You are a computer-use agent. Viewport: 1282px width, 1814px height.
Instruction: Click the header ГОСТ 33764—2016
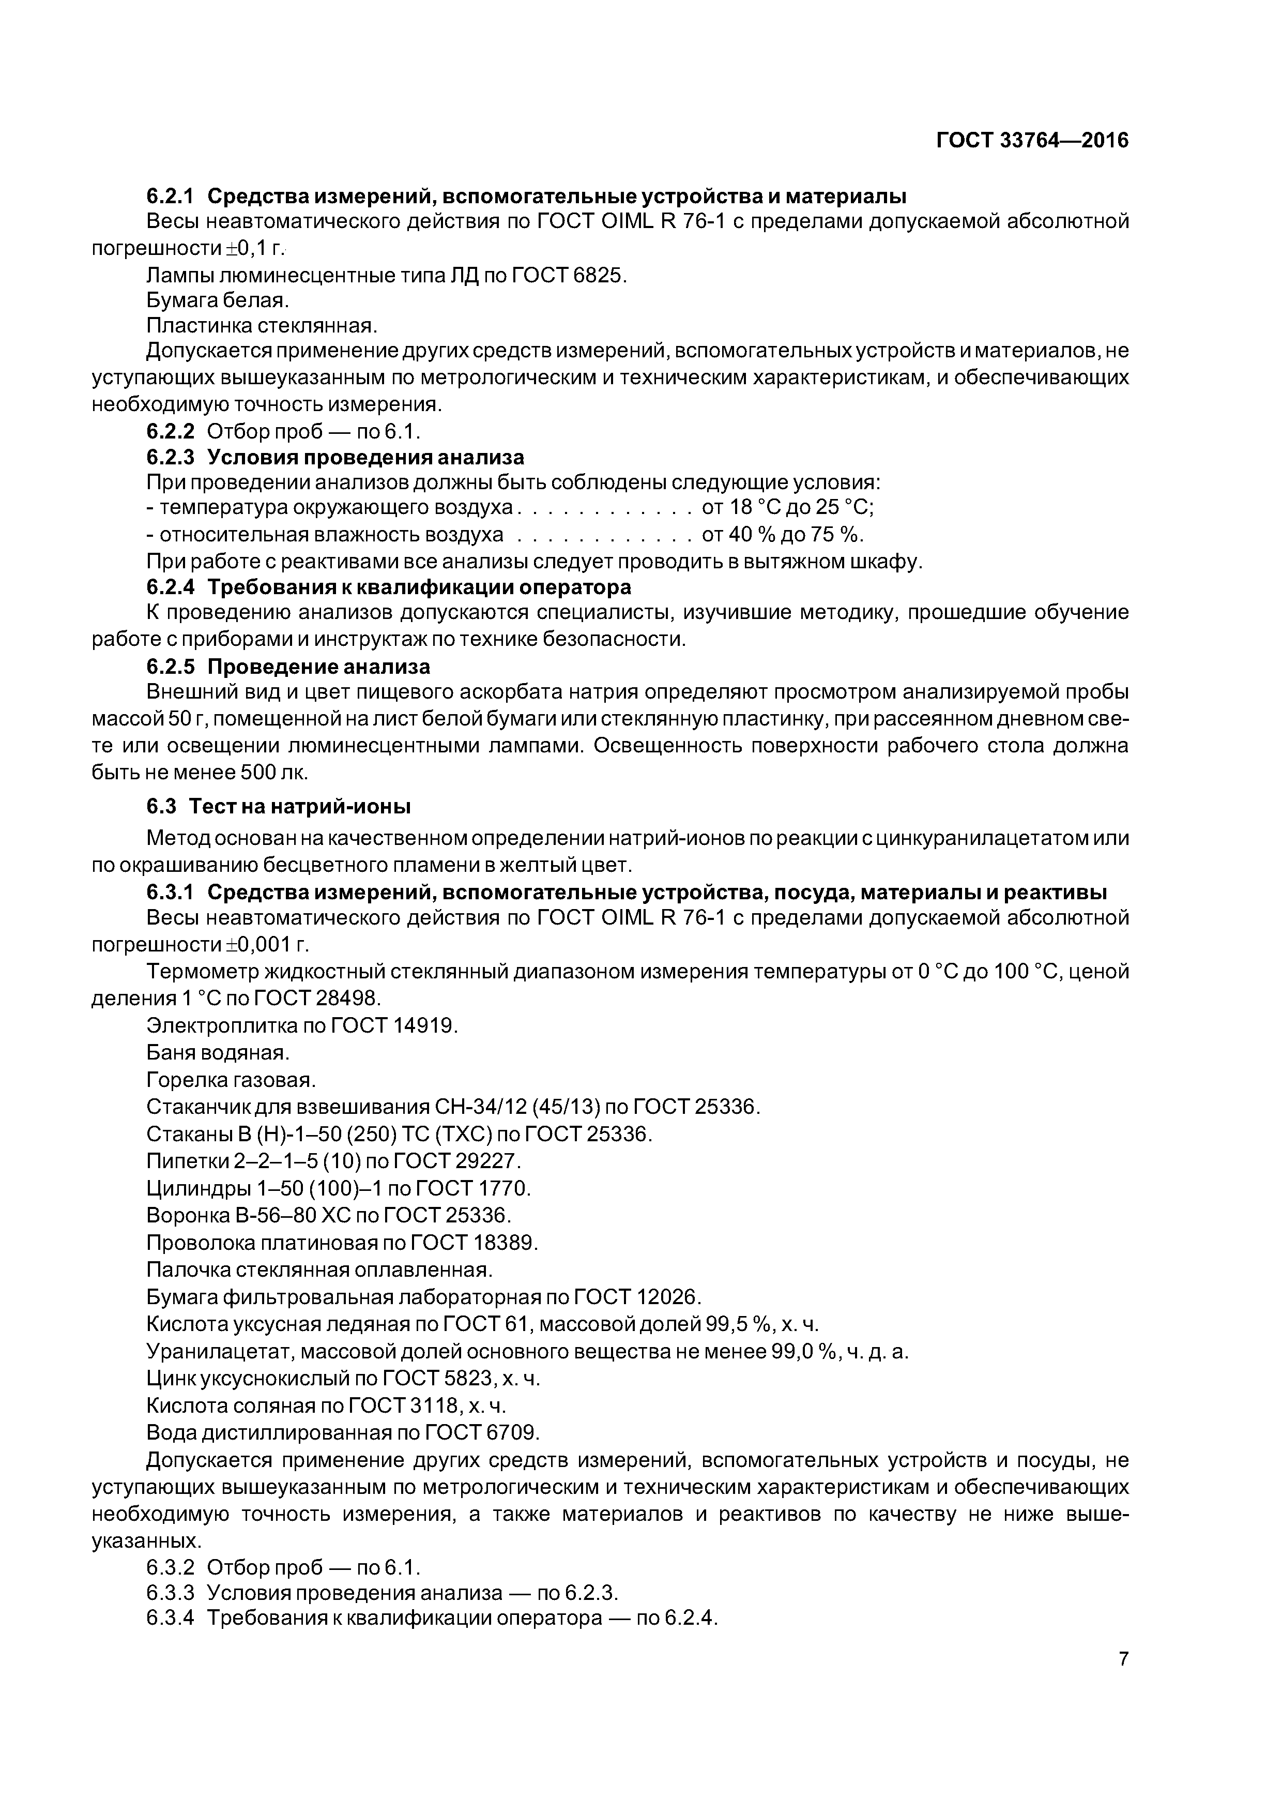pyautogui.click(x=1032, y=141)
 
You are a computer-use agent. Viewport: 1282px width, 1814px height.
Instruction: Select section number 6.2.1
pyautogui.click(x=170, y=195)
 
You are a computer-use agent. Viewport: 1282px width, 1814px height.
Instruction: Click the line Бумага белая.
pyautogui.click(x=218, y=301)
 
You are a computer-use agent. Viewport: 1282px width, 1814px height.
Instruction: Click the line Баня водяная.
pyautogui.click(x=218, y=1052)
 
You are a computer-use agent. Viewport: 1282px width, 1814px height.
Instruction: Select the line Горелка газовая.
pyautogui.click(x=231, y=1079)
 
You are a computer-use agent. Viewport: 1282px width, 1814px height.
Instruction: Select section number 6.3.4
pyautogui.click(x=170, y=1618)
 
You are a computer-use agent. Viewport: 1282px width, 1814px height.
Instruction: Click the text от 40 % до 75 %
pyautogui.click(x=782, y=535)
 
